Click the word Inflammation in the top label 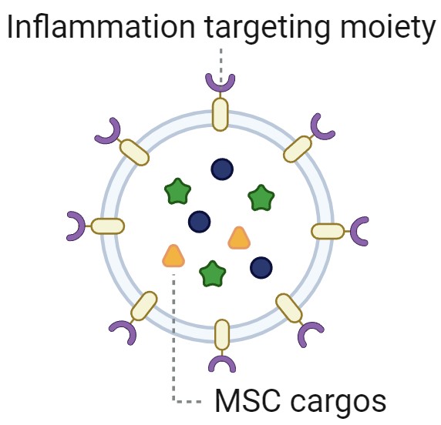(101, 26)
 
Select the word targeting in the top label (268, 30)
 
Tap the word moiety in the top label (388, 30)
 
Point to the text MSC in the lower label (247, 400)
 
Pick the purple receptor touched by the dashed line (220, 82)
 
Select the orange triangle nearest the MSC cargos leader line (173, 256)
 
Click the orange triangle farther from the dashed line (239, 238)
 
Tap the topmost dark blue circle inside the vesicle (222, 169)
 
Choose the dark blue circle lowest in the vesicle (261, 268)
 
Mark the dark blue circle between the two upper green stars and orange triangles (200, 222)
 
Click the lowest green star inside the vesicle (213, 274)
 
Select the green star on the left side (177, 191)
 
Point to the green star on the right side (261, 198)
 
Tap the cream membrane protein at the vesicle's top (220, 114)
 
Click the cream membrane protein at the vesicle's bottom (222, 336)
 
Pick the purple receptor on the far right (359, 232)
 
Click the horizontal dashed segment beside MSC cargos (187, 402)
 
